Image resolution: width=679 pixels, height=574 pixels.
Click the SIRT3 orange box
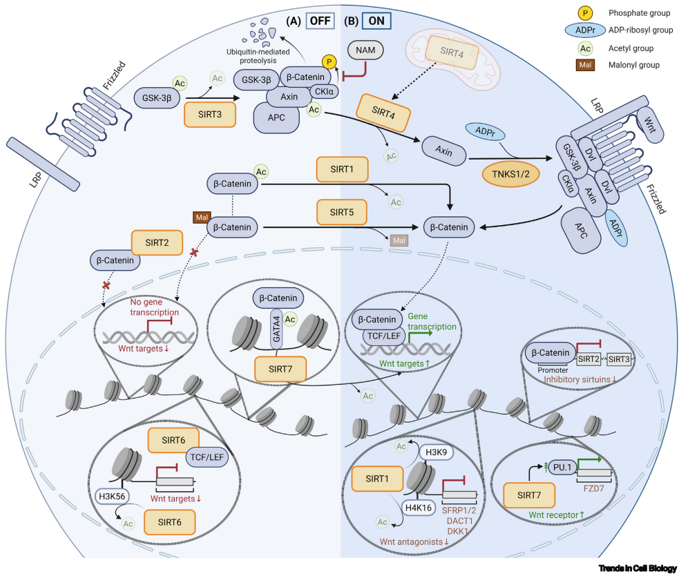(210, 115)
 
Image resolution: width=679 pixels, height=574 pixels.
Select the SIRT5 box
(342, 212)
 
